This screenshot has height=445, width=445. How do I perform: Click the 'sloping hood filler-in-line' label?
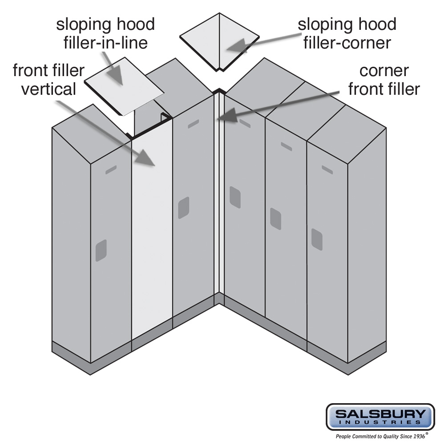(x=105, y=33)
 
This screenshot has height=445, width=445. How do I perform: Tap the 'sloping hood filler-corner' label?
(x=347, y=33)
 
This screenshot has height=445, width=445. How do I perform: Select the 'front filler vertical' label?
(x=49, y=80)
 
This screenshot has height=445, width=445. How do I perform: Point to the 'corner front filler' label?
(x=384, y=80)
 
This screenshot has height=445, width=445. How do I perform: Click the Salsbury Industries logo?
(x=380, y=417)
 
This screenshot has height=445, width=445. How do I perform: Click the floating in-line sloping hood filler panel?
(x=124, y=85)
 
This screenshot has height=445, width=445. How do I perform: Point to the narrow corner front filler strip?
(x=219, y=196)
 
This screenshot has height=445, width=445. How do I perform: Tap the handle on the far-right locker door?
(x=316, y=239)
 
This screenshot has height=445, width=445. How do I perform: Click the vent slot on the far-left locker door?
(x=111, y=170)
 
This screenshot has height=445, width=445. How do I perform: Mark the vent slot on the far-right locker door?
(x=327, y=169)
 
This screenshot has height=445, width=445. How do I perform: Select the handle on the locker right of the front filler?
(x=183, y=207)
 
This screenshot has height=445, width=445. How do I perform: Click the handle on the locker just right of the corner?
(x=235, y=197)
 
